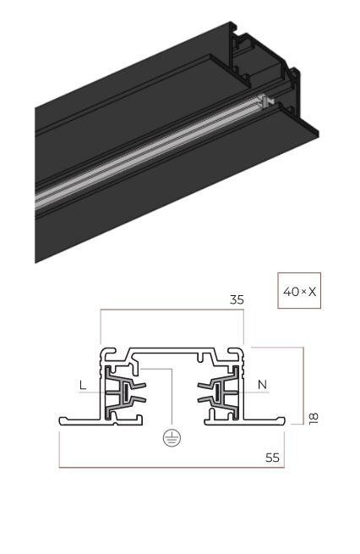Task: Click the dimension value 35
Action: pyautogui.click(x=237, y=299)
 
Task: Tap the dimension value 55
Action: pyautogui.click(x=272, y=458)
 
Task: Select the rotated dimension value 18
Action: pyautogui.click(x=314, y=419)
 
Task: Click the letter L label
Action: pyautogui.click(x=83, y=385)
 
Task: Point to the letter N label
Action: pyautogui.click(x=262, y=384)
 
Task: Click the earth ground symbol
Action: pyautogui.click(x=172, y=438)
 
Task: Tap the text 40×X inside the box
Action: pyautogui.click(x=300, y=292)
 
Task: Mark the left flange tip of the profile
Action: pyautogui.click(x=60, y=420)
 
